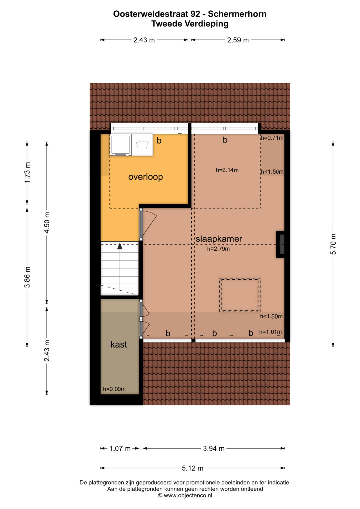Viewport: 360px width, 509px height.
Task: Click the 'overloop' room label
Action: pos(145,177)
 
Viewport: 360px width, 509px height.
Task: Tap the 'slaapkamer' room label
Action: pos(219,239)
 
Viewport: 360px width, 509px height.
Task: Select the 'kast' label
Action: pos(119,344)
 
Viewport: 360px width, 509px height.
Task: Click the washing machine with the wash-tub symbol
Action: pos(142,145)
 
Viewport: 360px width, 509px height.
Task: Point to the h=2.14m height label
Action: pos(227,170)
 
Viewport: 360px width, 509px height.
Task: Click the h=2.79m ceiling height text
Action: pos(218,249)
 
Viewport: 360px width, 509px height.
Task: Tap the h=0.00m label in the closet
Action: pos(114,389)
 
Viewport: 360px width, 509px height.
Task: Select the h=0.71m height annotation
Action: pos(272,138)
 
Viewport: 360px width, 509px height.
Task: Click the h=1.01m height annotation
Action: pos(270,332)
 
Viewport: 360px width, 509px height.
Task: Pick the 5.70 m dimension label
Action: pos(333,244)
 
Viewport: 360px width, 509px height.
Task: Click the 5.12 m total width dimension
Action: pos(193,468)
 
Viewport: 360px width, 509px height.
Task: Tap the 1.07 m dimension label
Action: pos(120,449)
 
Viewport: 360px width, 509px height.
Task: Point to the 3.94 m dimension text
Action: pos(214,449)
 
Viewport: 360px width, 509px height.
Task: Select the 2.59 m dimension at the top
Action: pos(238,40)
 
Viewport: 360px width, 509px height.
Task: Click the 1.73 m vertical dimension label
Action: pos(27,173)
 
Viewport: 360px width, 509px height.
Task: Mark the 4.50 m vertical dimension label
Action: pos(47,223)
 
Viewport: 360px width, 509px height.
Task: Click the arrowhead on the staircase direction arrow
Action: pos(120,246)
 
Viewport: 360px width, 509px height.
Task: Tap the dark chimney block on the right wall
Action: pos(280,244)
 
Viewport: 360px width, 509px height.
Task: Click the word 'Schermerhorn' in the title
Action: pos(237,14)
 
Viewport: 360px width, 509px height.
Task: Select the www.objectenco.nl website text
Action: pos(188,495)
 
